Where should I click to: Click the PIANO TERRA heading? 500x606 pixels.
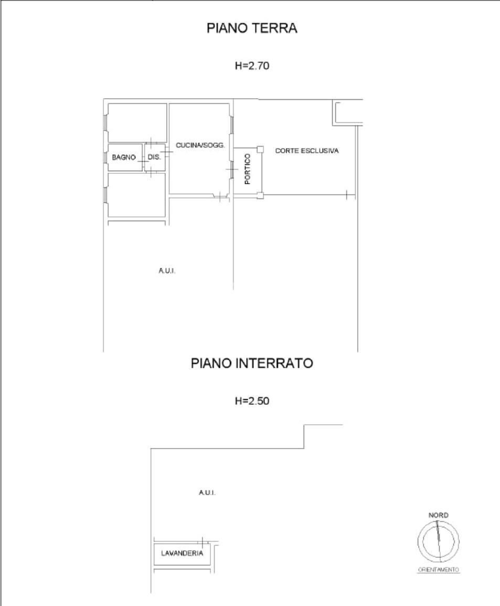252,28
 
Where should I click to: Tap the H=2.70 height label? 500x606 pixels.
252,66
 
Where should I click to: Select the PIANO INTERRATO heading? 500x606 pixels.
252,363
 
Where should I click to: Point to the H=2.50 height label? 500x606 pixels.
252,401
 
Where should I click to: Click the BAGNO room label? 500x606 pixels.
123,158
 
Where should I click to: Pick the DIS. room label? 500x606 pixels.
154,157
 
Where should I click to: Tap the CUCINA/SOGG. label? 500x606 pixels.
200,145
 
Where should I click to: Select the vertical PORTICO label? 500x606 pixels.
248,169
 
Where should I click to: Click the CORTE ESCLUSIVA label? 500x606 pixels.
307,151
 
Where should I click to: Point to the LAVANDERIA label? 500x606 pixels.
182,553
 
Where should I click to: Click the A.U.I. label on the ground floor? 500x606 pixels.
167,270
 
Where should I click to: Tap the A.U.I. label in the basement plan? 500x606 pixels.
207,493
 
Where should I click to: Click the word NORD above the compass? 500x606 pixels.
438,515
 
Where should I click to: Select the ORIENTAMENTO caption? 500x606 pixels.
439,570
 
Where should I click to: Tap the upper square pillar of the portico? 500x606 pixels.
260,150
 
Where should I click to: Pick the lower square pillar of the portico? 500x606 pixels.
260,195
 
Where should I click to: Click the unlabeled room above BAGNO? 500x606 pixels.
137,122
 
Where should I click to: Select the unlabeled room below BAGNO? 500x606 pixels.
136,195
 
